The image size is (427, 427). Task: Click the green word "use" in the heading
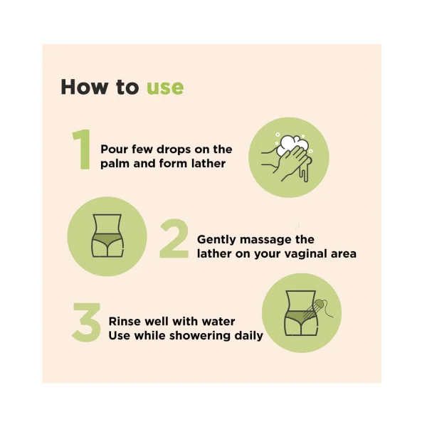pyautogui.click(x=165, y=88)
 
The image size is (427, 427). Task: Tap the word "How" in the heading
pyautogui.click(x=84, y=87)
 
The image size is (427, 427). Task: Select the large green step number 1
pyautogui.click(x=82, y=149)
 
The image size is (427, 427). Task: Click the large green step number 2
pyautogui.click(x=174, y=238)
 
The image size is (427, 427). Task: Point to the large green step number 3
pyautogui.click(x=86, y=322)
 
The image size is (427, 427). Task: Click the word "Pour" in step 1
pyautogui.click(x=115, y=149)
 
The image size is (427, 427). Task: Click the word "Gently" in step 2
pyautogui.click(x=216, y=241)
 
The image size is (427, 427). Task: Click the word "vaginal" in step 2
pyautogui.click(x=306, y=254)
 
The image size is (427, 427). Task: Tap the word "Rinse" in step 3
pyautogui.click(x=125, y=322)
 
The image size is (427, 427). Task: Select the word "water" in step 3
pyautogui.click(x=218, y=322)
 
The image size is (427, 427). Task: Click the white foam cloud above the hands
pyautogui.click(x=292, y=144)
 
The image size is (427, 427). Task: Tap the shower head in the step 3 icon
pyautogui.click(x=320, y=303)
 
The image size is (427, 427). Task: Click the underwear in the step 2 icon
pyautogui.click(x=107, y=240)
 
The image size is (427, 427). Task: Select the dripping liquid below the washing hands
pyautogui.click(x=305, y=171)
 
